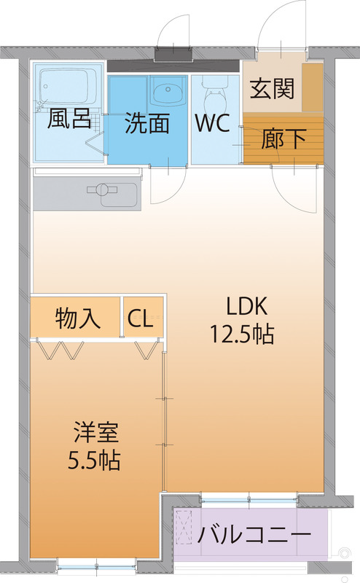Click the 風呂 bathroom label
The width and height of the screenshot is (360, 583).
(69, 119)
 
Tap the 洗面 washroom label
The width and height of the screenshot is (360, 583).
(147, 123)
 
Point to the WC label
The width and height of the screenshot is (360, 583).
(213, 122)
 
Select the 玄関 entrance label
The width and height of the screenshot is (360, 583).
(273, 88)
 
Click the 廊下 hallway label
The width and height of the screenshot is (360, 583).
(283, 139)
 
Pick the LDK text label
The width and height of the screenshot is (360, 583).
(247, 306)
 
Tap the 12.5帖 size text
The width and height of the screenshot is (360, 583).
(243, 334)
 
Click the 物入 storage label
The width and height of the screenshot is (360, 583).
(78, 318)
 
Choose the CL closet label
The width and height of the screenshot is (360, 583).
(140, 318)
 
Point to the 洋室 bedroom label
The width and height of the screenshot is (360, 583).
(96, 432)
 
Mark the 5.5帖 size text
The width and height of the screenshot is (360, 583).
(94, 461)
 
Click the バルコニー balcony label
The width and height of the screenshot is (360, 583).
(254, 535)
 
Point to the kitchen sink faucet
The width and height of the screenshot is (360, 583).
(102, 189)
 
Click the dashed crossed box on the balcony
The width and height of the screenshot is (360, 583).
(184, 528)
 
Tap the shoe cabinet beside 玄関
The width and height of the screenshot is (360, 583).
(313, 87)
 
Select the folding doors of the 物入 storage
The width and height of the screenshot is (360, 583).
(61, 351)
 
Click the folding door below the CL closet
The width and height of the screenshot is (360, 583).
(147, 350)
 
